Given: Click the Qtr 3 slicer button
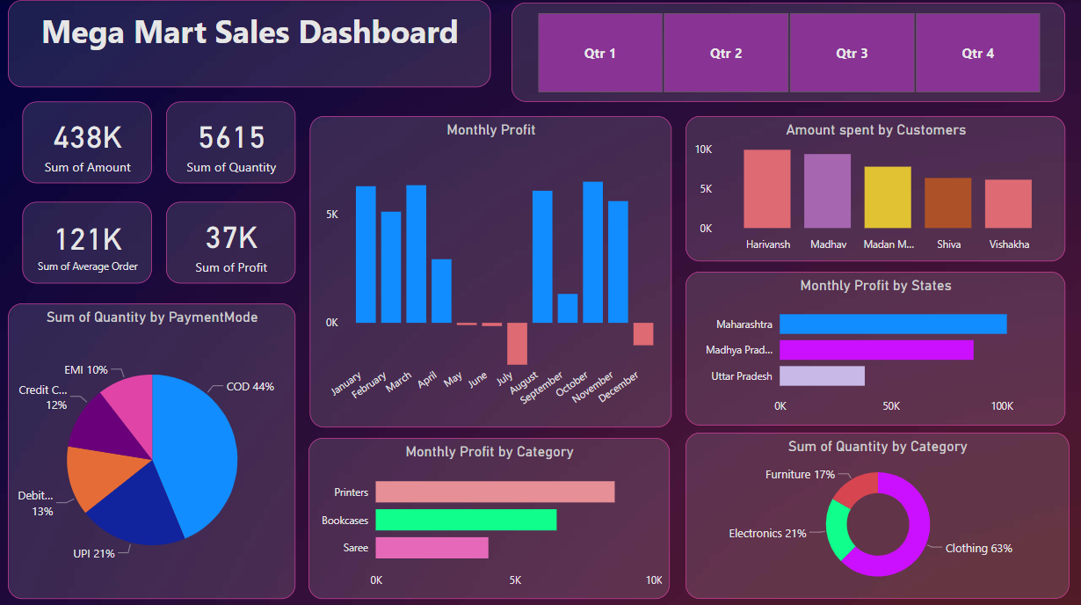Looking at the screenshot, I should pyautogui.click(x=852, y=54).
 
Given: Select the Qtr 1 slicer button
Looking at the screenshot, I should pyautogui.click(x=600, y=54).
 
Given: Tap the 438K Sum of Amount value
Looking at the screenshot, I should pyautogui.click(x=87, y=138).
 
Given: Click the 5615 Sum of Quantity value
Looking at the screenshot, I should pyautogui.click(x=231, y=138).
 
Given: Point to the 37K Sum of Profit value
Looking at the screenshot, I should pyautogui.click(x=231, y=238).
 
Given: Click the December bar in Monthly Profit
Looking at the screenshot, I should pyautogui.click(x=643, y=333).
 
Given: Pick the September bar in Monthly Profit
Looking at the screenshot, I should pyautogui.click(x=568, y=308).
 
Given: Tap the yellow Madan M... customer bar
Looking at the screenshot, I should pyautogui.click(x=888, y=197).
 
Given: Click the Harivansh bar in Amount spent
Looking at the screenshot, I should pyautogui.click(x=766, y=189).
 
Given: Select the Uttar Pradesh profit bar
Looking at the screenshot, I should pyautogui.click(x=822, y=376).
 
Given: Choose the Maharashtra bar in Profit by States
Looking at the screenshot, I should pyautogui.click(x=893, y=324).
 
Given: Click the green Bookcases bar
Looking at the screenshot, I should pyautogui.click(x=466, y=520).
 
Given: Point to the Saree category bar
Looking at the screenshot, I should pyautogui.click(x=432, y=548).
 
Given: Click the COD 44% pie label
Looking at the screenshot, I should pyautogui.click(x=250, y=387).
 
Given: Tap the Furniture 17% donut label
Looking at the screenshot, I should pyautogui.click(x=800, y=475).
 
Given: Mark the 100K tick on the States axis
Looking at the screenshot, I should pyautogui.click(x=1002, y=406).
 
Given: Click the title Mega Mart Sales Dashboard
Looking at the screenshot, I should pyautogui.click(x=250, y=33).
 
